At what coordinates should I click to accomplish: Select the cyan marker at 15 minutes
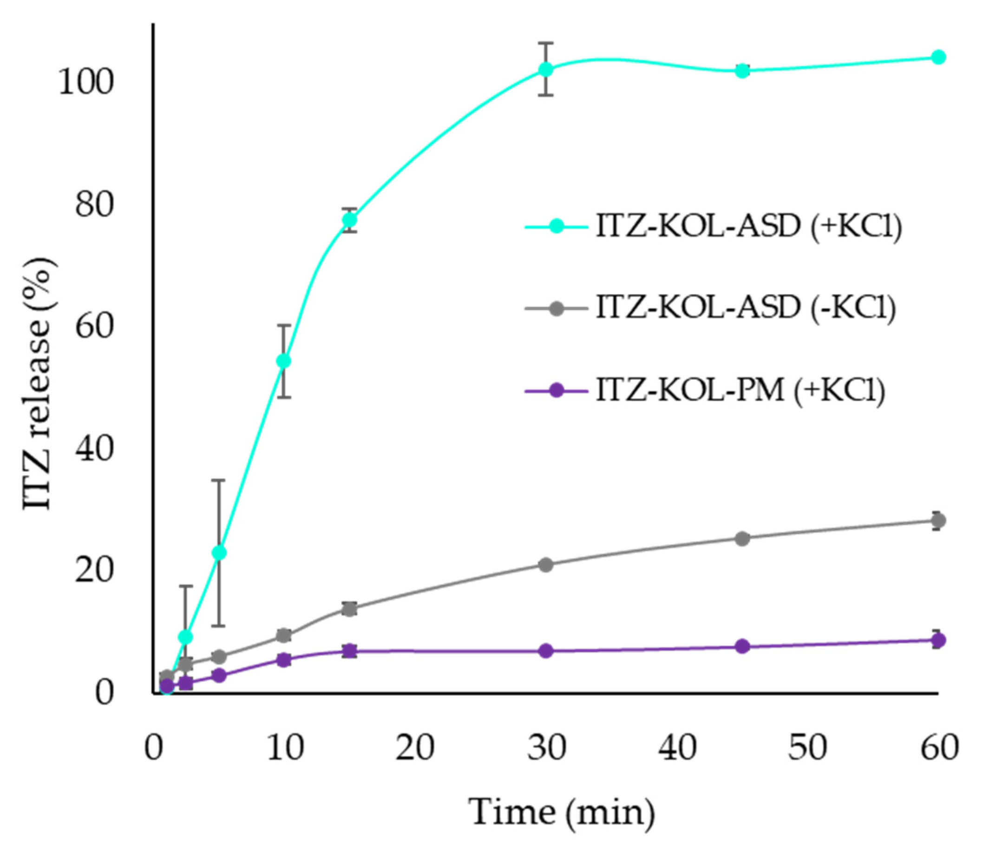350,220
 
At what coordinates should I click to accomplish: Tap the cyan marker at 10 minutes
284,361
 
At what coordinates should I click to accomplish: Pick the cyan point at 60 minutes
938,58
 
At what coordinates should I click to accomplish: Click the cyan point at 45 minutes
742,71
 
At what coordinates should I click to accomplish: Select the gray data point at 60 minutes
938,521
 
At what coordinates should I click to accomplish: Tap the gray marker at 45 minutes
742,539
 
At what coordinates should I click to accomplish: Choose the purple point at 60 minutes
938,640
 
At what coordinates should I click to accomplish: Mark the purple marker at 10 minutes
284,660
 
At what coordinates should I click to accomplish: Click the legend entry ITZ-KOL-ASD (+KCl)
748,226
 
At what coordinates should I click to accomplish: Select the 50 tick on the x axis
807,747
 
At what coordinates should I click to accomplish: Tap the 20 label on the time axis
414,747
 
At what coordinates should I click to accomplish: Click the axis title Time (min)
562,812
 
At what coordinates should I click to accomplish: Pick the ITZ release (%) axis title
38,385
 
